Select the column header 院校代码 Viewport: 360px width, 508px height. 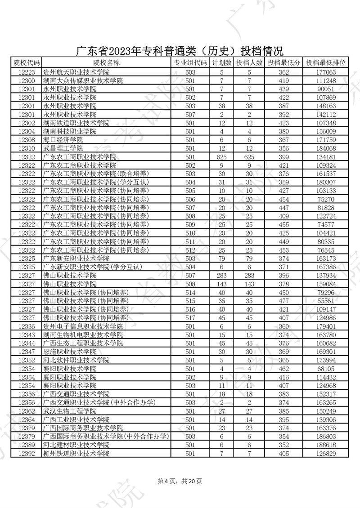click(27, 63)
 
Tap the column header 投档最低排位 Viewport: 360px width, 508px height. click(326, 63)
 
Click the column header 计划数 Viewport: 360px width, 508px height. click(221, 63)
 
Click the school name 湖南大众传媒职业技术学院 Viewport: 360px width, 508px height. click(82, 80)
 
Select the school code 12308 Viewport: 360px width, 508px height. click(27, 140)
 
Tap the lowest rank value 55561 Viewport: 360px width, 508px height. click(326, 300)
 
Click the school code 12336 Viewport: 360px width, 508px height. click(27, 326)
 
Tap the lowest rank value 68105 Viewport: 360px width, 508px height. click(326, 369)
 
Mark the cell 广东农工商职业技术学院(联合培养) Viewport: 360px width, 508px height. click(95, 174)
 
